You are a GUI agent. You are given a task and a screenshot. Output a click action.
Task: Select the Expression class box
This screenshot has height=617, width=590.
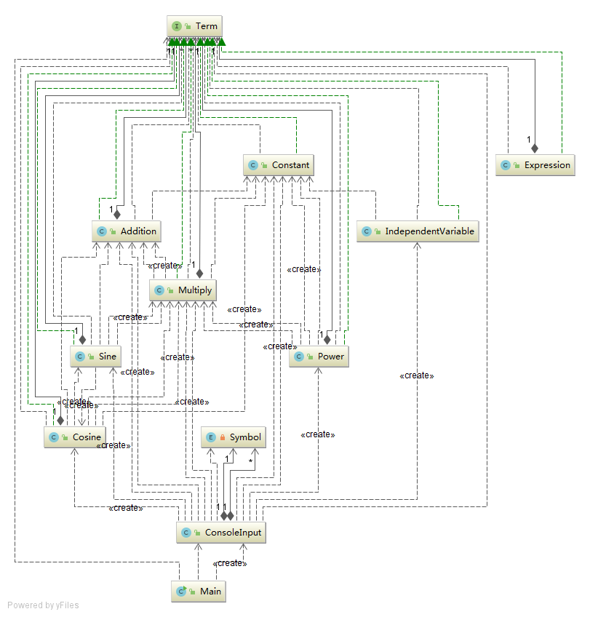(535, 165)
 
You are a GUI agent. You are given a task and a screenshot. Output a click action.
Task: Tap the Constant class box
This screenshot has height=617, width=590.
(278, 165)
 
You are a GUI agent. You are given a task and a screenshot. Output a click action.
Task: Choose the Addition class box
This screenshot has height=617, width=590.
(127, 231)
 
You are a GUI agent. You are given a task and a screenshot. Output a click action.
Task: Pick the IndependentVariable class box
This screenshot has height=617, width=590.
(418, 231)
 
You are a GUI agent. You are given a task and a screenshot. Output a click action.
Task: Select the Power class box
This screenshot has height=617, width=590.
(319, 357)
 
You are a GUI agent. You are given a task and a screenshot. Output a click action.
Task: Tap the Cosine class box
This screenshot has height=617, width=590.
(74, 437)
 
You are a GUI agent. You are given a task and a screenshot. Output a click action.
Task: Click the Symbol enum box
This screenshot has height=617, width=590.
(233, 437)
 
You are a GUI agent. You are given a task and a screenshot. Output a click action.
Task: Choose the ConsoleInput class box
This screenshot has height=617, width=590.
(220, 533)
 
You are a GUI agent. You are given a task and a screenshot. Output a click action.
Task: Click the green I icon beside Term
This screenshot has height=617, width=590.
(178, 26)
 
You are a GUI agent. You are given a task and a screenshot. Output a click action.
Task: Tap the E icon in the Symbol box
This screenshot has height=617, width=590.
(212, 437)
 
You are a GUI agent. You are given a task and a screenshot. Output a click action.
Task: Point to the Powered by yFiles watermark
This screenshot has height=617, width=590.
(43, 605)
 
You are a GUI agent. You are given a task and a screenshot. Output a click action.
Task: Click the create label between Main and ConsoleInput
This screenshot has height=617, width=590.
(230, 563)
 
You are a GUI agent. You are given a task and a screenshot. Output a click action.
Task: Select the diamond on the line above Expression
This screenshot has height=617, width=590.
(535, 148)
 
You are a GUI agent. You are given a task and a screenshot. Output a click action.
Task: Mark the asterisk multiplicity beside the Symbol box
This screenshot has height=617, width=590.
(250, 461)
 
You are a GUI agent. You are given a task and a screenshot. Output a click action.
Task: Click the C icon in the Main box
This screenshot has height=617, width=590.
(181, 592)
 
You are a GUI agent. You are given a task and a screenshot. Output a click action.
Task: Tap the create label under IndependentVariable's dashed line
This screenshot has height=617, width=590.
(416, 375)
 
